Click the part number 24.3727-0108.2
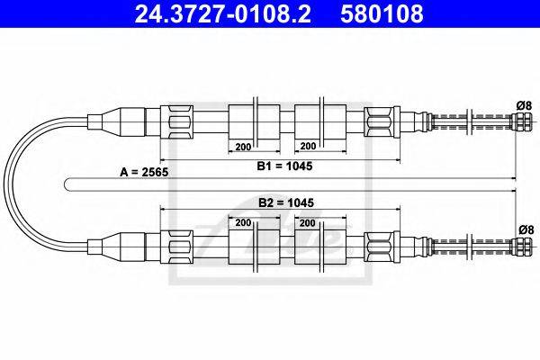click(x=215, y=14)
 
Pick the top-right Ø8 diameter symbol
click(x=521, y=105)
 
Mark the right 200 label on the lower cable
click(x=307, y=221)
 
